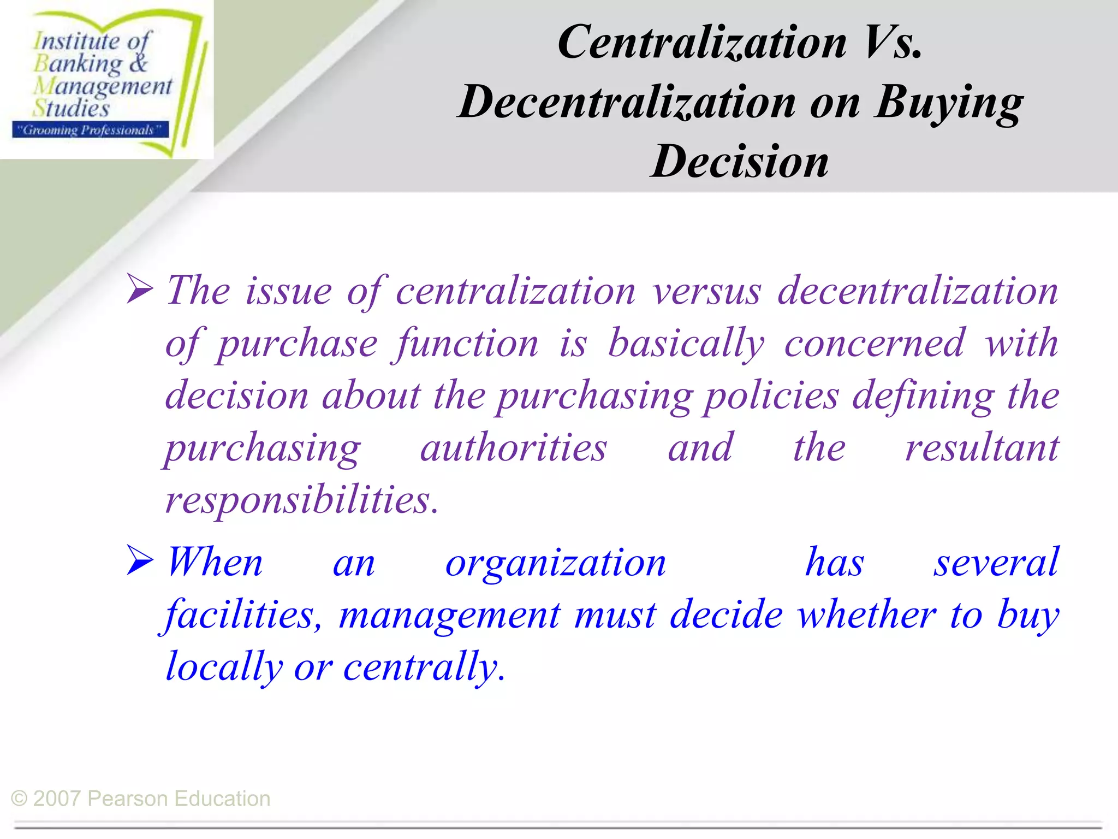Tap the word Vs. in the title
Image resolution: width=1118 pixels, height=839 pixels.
click(x=893, y=43)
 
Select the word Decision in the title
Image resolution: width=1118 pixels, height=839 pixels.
click(x=740, y=162)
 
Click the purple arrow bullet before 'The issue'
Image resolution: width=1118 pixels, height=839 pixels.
click(x=140, y=289)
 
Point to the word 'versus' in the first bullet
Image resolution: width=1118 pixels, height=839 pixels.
click(x=706, y=291)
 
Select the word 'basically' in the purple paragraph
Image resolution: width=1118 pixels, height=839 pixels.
click(x=686, y=344)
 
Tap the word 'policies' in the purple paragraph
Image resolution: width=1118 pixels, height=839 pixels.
click(x=771, y=395)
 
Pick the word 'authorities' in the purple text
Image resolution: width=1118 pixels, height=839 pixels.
click(x=514, y=447)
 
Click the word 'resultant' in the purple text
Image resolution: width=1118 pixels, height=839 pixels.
click(x=982, y=447)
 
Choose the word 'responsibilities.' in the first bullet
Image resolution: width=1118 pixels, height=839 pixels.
click(x=302, y=499)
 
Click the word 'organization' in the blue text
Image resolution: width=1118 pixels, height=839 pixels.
click(x=556, y=563)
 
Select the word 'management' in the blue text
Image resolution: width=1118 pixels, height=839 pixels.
click(x=449, y=615)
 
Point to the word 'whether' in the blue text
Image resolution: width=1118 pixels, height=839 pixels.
click(x=866, y=614)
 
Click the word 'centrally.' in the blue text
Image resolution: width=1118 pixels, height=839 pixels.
click(x=424, y=666)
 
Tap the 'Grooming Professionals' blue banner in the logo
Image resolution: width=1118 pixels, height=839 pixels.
click(x=90, y=130)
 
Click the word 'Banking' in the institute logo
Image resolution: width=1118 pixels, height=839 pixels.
click(x=79, y=64)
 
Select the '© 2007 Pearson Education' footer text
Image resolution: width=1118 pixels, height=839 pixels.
click(x=141, y=799)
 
